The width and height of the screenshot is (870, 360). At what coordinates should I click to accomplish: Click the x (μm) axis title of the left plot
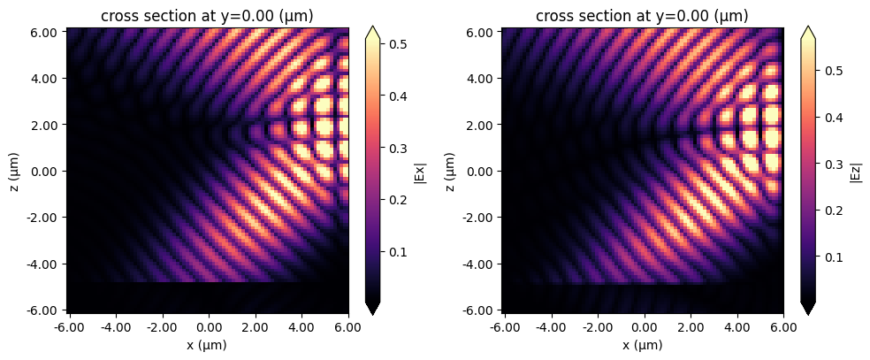pyautogui.click(x=208, y=344)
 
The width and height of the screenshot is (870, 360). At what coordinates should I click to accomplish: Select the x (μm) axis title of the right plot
pyautogui.click(x=643, y=344)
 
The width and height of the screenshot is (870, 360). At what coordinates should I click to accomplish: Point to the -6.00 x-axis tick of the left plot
pyautogui.click(x=67, y=326)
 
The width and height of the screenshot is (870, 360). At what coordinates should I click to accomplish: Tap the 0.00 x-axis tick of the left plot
pyautogui.click(x=209, y=326)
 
